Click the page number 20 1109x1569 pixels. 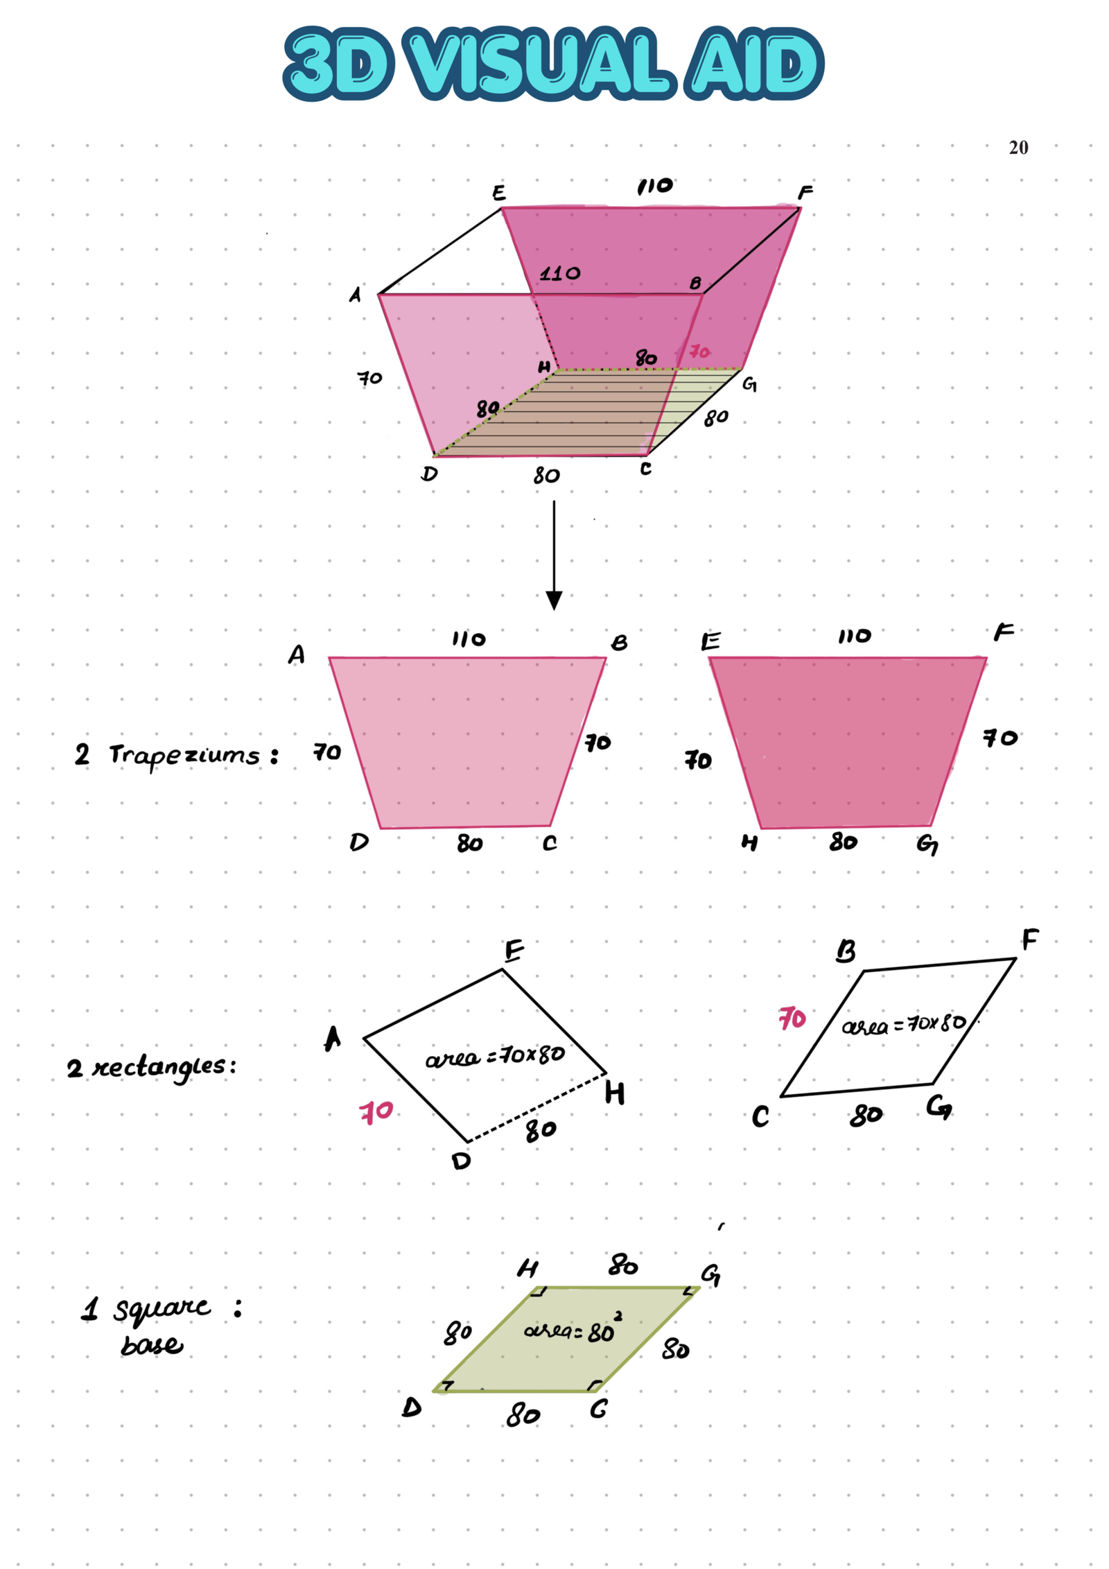1018,147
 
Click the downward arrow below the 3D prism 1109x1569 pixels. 554,555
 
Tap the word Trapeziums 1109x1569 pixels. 184,755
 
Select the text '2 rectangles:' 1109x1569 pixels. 151,1066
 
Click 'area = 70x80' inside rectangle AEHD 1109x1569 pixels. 494,1056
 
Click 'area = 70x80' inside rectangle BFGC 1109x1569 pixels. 903,1023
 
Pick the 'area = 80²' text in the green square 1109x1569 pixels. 573,1329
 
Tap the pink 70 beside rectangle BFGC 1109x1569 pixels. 792,1018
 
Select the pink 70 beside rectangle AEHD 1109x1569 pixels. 376,1112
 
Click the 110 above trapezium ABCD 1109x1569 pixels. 469,639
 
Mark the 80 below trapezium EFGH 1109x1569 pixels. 843,842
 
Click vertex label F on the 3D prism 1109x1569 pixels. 805,192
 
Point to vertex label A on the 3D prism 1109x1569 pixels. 355,295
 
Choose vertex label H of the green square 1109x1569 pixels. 527,1268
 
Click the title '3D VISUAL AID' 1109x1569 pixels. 553,64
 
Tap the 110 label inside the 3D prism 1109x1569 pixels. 560,273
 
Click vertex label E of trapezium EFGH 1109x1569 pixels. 710,641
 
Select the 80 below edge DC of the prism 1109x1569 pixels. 546,476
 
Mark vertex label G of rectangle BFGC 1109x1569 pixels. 939,1107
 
